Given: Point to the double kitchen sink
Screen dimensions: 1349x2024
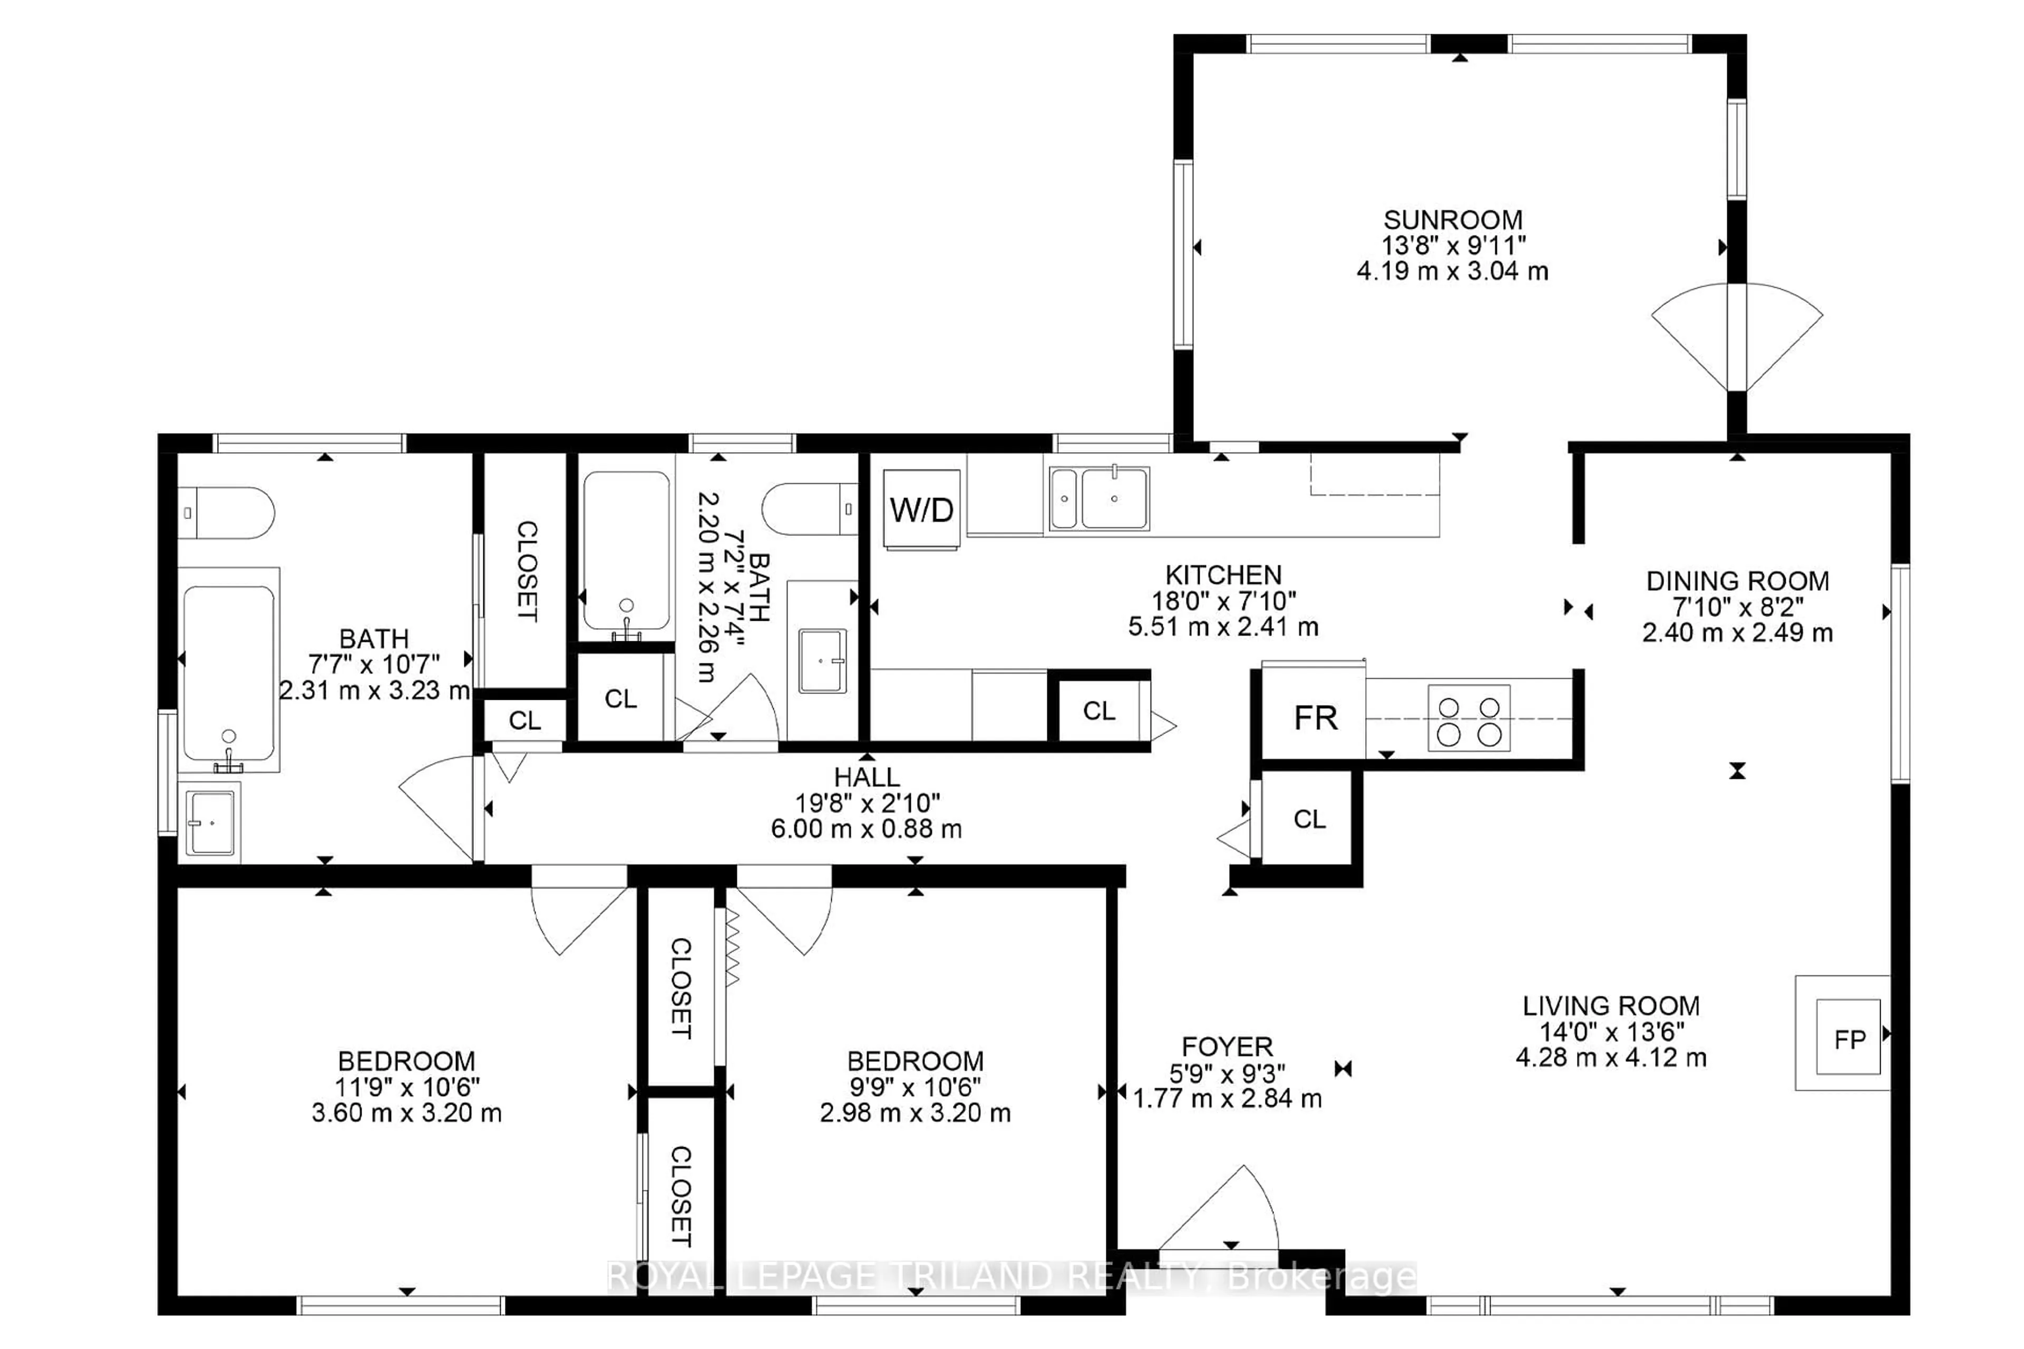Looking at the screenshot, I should [x=1099, y=498].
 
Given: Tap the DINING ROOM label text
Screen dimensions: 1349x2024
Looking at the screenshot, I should [x=1737, y=581].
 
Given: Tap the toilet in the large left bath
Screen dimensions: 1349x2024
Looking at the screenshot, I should [x=226, y=513].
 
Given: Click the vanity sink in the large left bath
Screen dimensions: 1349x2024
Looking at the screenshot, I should [x=210, y=823].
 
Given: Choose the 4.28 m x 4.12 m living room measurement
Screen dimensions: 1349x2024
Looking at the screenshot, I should [x=1610, y=1058].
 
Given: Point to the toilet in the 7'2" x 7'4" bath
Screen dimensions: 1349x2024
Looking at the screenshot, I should [x=809, y=509].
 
